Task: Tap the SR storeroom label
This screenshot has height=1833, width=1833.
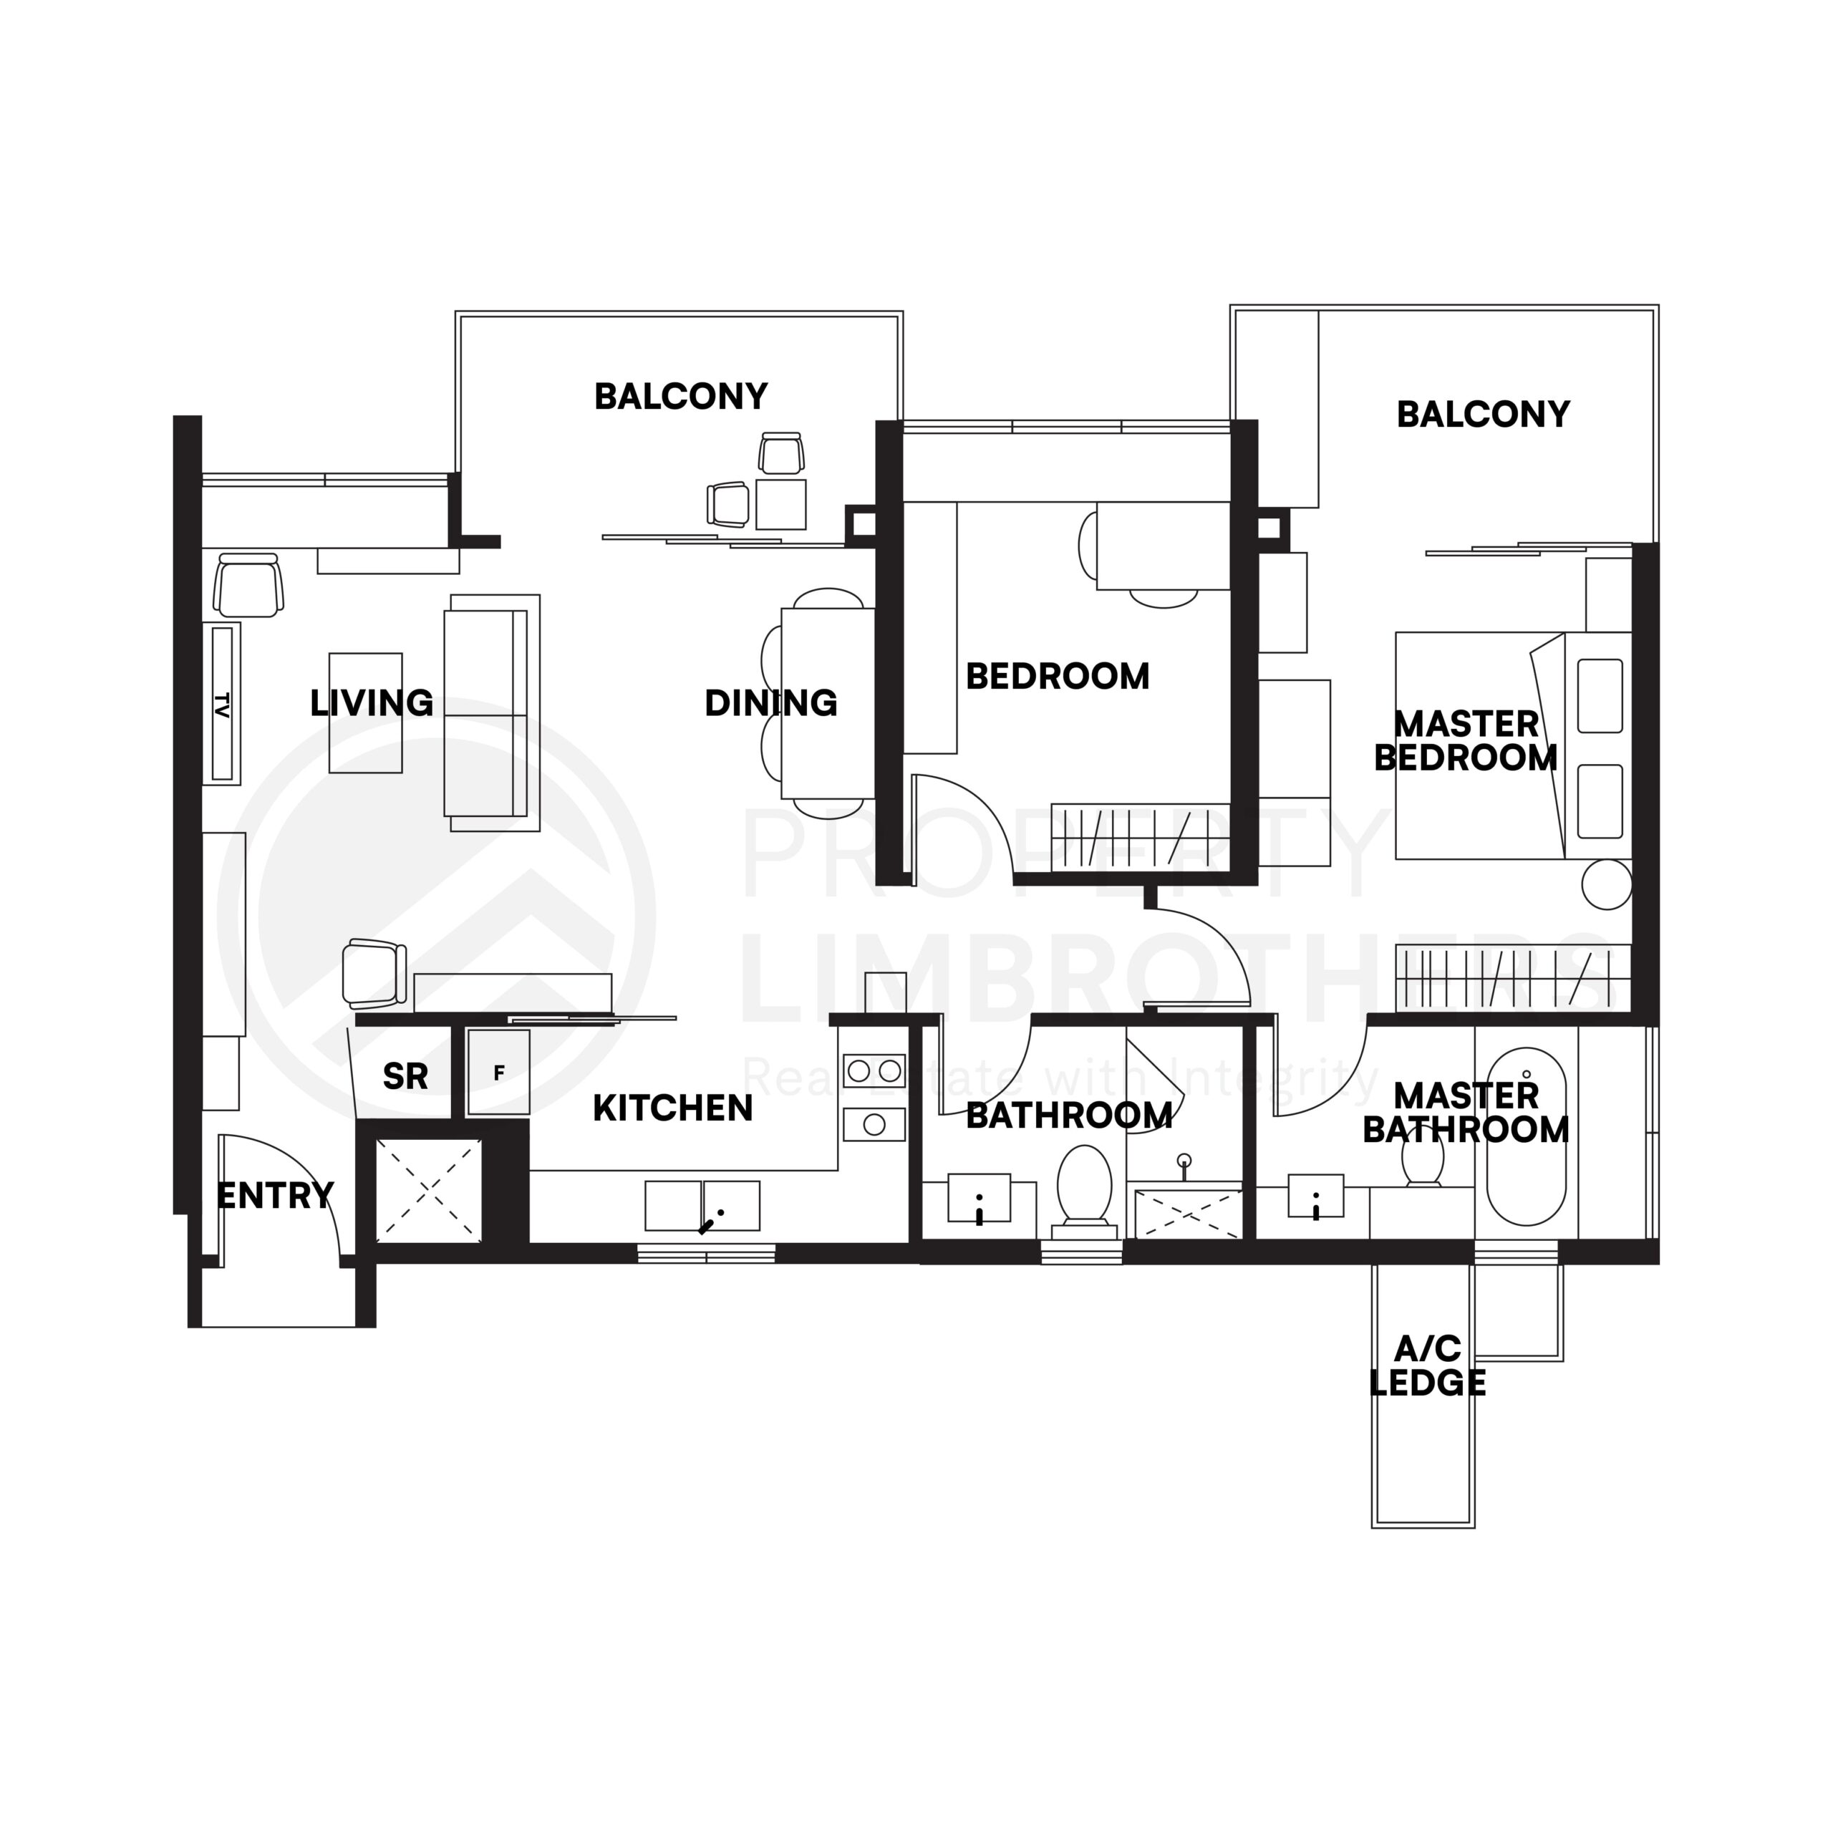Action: (x=405, y=1077)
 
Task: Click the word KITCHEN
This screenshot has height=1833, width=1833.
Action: (x=672, y=1108)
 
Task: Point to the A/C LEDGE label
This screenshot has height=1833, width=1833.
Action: (x=1427, y=1366)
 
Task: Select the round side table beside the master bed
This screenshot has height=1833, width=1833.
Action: (x=1607, y=884)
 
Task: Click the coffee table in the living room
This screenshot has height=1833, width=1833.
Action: (x=365, y=712)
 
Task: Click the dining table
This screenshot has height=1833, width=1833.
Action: (x=827, y=703)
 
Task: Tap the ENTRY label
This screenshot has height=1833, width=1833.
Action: (x=275, y=1196)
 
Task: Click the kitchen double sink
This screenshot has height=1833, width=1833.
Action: (x=702, y=1205)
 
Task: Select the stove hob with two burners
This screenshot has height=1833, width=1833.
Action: (x=874, y=1071)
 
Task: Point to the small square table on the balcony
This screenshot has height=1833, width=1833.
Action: (x=781, y=504)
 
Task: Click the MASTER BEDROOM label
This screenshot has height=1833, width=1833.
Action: (x=1466, y=741)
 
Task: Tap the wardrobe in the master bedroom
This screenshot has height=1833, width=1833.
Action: (x=1512, y=977)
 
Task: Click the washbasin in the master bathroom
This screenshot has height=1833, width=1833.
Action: (x=1315, y=1196)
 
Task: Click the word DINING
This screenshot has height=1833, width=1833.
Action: (x=770, y=703)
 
